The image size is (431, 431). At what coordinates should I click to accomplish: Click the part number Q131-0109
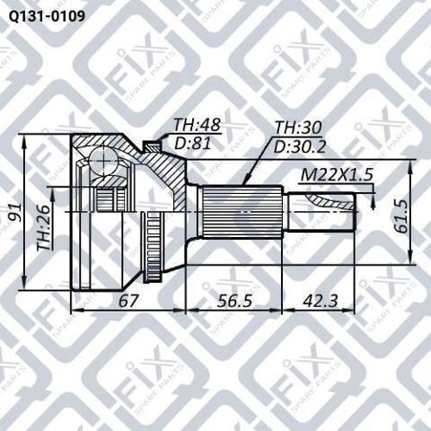tap(47, 17)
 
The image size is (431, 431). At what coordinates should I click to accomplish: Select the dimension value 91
tap(14, 212)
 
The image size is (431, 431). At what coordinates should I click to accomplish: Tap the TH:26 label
tap(43, 227)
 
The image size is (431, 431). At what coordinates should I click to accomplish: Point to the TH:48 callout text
tap(198, 125)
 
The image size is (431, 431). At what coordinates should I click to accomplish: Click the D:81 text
tap(193, 143)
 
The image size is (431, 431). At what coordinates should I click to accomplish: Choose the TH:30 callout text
tap(298, 128)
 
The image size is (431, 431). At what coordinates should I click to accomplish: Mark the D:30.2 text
tap(300, 146)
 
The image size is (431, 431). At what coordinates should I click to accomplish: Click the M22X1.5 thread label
tap(337, 175)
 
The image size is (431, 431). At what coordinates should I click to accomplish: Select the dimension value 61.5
tap(401, 216)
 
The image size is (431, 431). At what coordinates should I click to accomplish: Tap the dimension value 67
tap(128, 300)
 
